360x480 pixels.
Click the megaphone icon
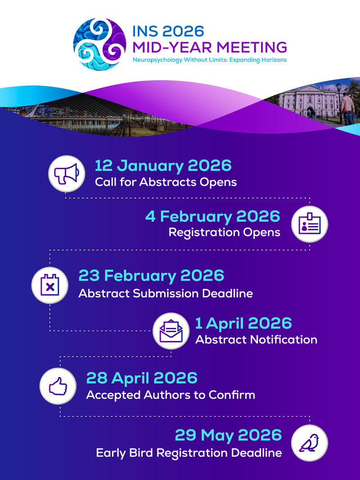click(67, 174)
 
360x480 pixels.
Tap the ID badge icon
click(310, 224)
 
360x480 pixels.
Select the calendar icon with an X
click(50, 285)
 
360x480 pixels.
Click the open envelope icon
click(171, 331)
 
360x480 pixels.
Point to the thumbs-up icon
click(58, 386)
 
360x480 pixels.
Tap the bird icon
click(309, 443)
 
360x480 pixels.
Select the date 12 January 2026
click(163, 166)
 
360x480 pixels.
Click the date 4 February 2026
click(213, 216)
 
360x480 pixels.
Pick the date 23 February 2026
click(152, 275)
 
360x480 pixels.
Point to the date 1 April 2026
click(243, 323)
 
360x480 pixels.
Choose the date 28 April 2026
click(142, 378)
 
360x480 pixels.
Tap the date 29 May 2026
click(228, 435)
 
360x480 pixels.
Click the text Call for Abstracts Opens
click(166, 182)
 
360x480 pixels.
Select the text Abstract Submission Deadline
click(166, 293)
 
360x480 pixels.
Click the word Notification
click(283, 340)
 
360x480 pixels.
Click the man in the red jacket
click(348, 108)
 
